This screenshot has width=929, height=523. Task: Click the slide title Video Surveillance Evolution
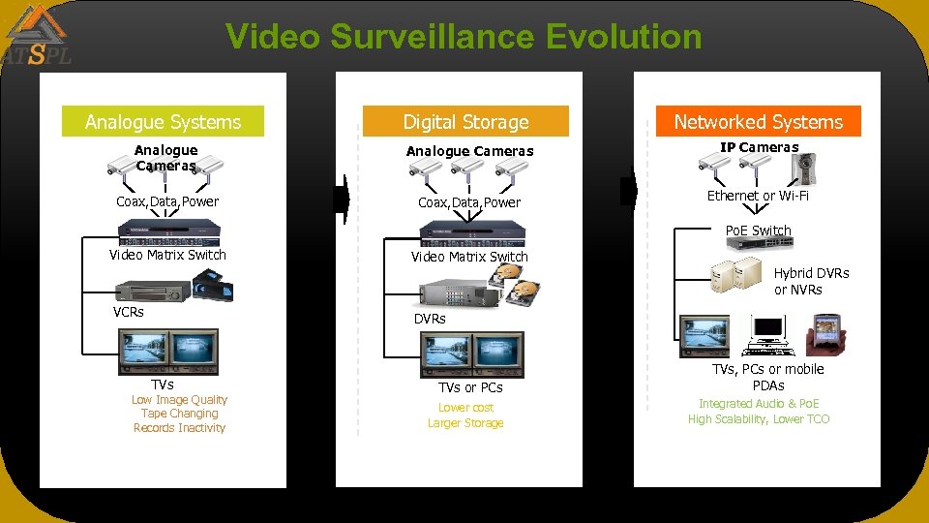click(464, 37)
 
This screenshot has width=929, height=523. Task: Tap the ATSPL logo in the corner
click(37, 36)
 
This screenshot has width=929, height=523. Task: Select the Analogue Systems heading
click(163, 122)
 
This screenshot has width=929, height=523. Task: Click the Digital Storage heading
click(465, 122)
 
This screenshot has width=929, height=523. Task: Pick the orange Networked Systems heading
click(758, 122)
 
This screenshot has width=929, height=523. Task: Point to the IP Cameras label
click(759, 147)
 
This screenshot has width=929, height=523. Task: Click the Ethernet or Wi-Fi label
click(758, 196)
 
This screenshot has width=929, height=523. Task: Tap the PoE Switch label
click(758, 231)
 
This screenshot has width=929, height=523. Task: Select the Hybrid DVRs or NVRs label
click(811, 281)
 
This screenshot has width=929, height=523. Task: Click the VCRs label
click(129, 312)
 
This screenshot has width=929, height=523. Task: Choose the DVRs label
click(430, 319)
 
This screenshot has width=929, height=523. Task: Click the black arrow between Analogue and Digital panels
click(340, 198)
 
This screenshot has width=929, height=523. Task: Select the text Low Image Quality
click(179, 400)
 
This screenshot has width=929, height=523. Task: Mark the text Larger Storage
click(465, 423)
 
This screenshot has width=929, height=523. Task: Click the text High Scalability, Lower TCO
click(759, 419)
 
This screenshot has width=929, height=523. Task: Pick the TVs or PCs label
click(470, 387)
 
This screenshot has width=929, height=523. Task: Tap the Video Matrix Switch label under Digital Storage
click(469, 257)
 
